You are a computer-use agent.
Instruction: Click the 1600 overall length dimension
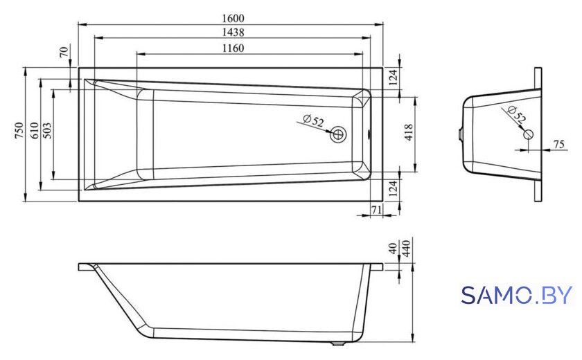point(233,18)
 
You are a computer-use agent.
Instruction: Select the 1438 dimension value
point(233,33)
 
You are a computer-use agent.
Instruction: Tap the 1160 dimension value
point(233,48)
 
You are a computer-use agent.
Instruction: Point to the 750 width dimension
point(19,131)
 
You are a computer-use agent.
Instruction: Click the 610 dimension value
point(34,131)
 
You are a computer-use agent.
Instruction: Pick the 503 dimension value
point(47,131)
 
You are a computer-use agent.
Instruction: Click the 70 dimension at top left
point(64,52)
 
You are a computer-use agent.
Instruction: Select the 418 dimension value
point(408,132)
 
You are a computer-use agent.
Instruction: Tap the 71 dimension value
point(376,210)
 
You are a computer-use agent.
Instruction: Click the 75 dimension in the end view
point(558,144)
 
